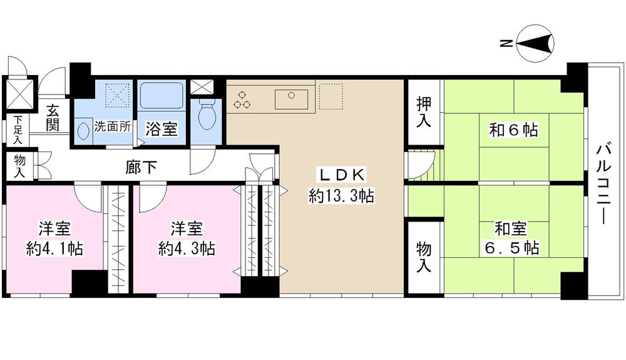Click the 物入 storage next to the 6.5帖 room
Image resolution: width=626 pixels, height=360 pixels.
[x=424, y=257]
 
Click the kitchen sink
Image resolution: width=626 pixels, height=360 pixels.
[x=291, y=98]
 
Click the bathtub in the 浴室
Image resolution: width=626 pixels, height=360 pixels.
[x=160, y=97]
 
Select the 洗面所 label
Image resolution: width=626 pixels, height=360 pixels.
[x=113, y=126]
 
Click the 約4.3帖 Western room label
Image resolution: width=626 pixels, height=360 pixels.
[x=187, y=239]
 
